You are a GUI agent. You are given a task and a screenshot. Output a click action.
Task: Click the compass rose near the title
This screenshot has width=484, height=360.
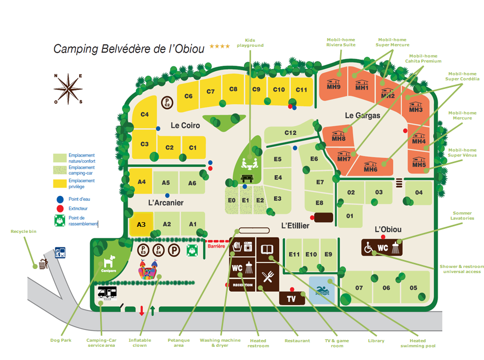tap(68, 89)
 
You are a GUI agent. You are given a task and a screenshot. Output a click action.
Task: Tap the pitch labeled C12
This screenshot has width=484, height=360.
tap(290, 133)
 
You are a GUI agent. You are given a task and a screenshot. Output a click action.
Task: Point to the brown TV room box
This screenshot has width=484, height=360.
tap(291, 298)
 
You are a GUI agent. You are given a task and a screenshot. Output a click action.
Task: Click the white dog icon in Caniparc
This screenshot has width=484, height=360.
tap(109, 261)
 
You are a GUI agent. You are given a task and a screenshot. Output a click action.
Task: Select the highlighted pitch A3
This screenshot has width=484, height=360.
tap(141, 224)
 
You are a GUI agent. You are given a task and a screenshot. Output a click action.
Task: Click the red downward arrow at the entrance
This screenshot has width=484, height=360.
tap(142, 310)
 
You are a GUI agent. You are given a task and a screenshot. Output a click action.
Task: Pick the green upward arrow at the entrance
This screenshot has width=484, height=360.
tap(153, 310)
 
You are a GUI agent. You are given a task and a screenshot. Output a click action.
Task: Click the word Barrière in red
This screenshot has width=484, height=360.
tap(217, 246)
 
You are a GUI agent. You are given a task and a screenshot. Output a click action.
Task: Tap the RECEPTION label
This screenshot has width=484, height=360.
tap(243, 285)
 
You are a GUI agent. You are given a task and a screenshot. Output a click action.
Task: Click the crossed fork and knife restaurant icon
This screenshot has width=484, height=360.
tap(268, 277)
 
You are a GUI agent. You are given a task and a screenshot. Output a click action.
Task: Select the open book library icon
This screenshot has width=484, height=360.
tap(267, 249)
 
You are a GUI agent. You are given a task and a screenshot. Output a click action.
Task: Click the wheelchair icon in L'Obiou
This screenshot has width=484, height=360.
tap(368, 248)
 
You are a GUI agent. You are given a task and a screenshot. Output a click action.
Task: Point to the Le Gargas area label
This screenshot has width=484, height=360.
tap(362, 115)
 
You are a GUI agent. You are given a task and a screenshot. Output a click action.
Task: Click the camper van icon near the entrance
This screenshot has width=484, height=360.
tap(107, 292)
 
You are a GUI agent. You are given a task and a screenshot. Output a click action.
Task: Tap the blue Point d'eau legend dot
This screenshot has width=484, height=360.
tap(60, 199)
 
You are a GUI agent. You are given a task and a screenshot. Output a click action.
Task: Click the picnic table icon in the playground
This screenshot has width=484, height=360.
tap(247, 178)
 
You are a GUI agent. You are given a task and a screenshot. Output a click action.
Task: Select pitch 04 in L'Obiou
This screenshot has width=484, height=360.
tap(418, 193)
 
